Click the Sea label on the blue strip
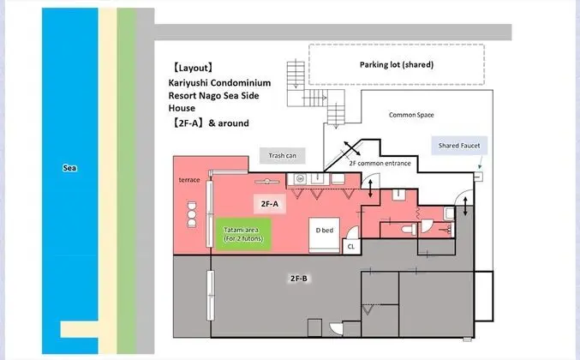point(69,168)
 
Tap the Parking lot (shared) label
point(397,65)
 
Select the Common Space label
point(411,115)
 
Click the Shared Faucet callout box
point(459,146)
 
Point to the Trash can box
point(282,156)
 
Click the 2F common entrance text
point(380,163)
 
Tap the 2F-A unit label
point(270,204)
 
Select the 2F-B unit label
point(299,279)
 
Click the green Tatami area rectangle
point(243,234)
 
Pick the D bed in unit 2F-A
point(325,235)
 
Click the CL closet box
point(351,246)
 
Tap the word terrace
point(189,180)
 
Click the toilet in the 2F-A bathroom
point(409,230)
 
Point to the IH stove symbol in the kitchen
point(300,179)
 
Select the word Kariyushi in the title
point(188,83)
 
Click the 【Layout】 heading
point(193,68)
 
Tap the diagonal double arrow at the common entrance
point(352,148)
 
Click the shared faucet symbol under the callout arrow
point(478,177)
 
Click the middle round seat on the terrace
point(192,214)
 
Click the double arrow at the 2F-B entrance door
point(465,207)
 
